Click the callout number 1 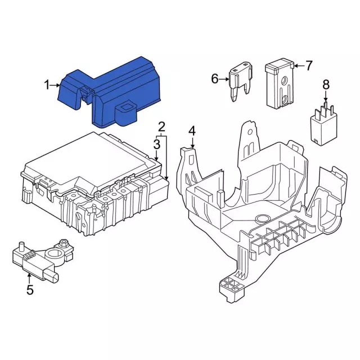pyautogui.click(x=47, y=85)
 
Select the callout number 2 pyautogui.click(x=162, y=127)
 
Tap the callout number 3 pyautogui.click(x=156, y=145)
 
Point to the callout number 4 pyautogui.click(x=192, y=131)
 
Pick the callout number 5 pyautogui.click(x=30, y=290)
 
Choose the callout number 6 pyautogui.click(x=215, y=79)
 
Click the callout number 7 pyautogui.click(x=309, y=66)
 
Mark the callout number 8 pyautogui.click(x=326, y=84)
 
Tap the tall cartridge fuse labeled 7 pyautogui.click(x=280, y=84)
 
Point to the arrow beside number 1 pyautogui.click(x=55, y=85)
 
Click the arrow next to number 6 pyautogui.click(x=224, y=79)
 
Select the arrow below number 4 pyautogui.click(x=192, y=142)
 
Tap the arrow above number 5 pyautogui.click(x=29, y=278)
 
